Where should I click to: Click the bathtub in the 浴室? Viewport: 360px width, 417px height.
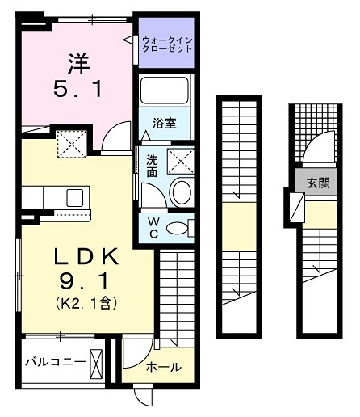pos(166,93)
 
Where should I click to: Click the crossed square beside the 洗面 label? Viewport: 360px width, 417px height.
pos(181,162)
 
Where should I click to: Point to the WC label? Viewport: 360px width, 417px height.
pos(150,227)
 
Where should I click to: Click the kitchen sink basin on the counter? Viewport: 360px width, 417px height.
pos(74,196)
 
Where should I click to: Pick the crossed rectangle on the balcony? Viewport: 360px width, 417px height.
pos(98,361)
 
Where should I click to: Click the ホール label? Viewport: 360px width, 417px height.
pos(163,368)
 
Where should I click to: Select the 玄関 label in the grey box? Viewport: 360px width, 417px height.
pos(316,183)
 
